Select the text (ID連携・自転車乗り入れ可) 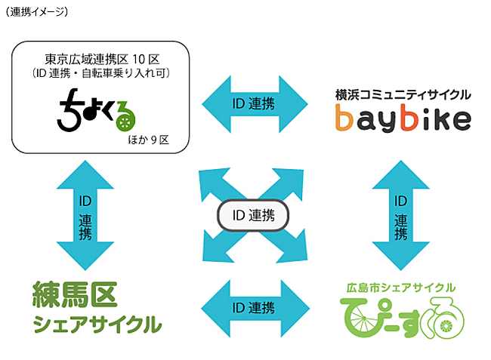(101, 74)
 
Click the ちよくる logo (99, 109)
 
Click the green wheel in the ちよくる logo (126, 115)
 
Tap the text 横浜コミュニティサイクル (403, 95)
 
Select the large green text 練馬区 (76, 296)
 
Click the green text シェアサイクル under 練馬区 (97, 325)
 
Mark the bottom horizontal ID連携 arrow (257, 308)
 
